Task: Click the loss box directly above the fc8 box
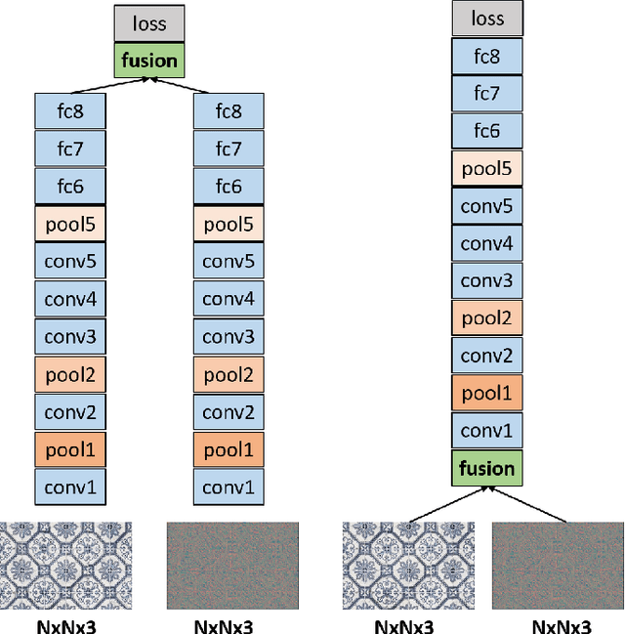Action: click(x=487, y=19)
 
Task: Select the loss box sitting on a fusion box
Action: click(x=148, y=23)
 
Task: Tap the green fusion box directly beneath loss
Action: click(x=148, y=61)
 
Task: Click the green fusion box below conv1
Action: click(x=487, y=468)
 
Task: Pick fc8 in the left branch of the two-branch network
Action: click(x=69, y=111)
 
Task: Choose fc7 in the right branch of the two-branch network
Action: click(x=228, y=148)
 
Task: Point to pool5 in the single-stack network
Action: click(x=487, y=168)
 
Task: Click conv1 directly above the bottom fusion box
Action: click(x=487, y=431)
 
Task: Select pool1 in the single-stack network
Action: click(x=487, y=393)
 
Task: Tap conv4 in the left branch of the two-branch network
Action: click(x=69, y=299)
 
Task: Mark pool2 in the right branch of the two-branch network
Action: click(x=228, y=373)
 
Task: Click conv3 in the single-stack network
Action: click(x=487, y=280)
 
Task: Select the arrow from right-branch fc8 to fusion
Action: click(x=191, y=87)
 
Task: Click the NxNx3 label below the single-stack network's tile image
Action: click(x=403, y=624)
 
